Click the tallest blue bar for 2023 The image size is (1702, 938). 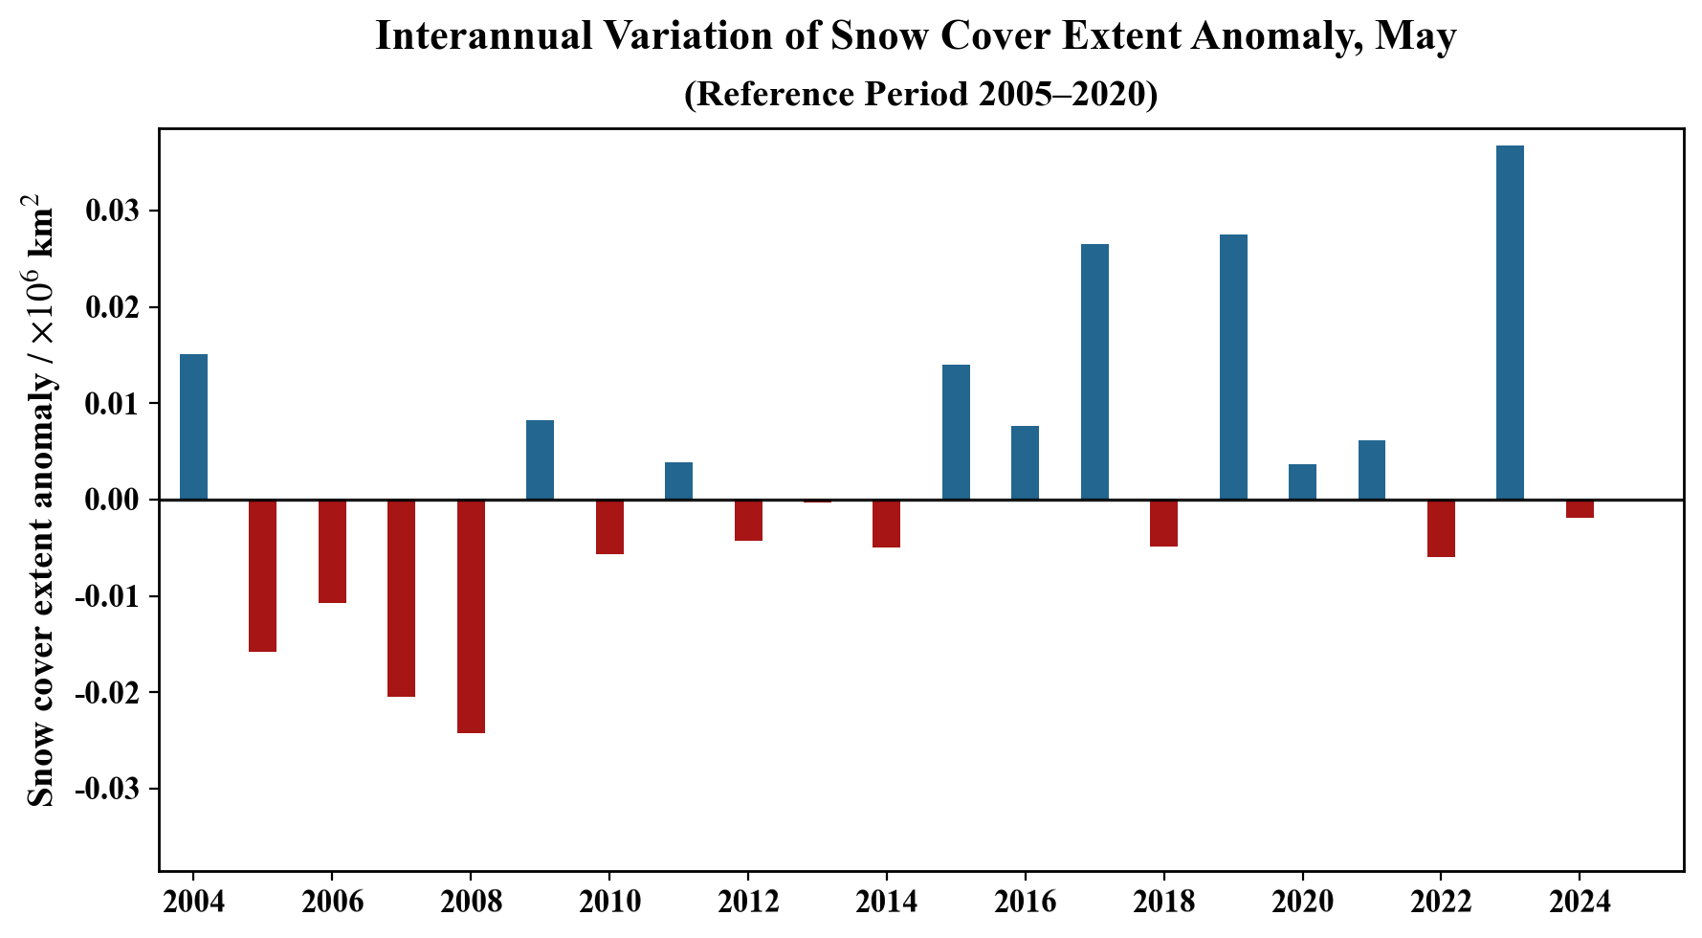click(x=1510, y=323)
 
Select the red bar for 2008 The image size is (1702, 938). click(x=471, y=616)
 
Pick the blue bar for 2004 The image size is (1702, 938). click(x=193, y=427)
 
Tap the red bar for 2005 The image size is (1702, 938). click(x=262, y=575)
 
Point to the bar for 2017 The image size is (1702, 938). click(x=1094, y=371)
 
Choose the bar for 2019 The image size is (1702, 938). click(x=1233, y=367)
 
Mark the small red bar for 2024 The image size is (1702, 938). click(x=1580, y=508)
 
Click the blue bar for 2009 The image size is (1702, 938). click(x=540, y=459)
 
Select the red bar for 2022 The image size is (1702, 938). click(x=1441, y=528)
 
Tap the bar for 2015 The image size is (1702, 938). click(x=956, y=432)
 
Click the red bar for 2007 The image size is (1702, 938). click(x=401, y=598)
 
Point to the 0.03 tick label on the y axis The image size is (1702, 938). click(x=113, y=212)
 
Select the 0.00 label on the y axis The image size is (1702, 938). click(x=113, y=501)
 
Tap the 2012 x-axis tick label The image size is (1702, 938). click(x=748, y=901)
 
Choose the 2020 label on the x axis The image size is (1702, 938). click(x=1302, y=901)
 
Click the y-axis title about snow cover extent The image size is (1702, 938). click(x=41, y=500)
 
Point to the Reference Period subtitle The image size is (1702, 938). click(x=920, y=94)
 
